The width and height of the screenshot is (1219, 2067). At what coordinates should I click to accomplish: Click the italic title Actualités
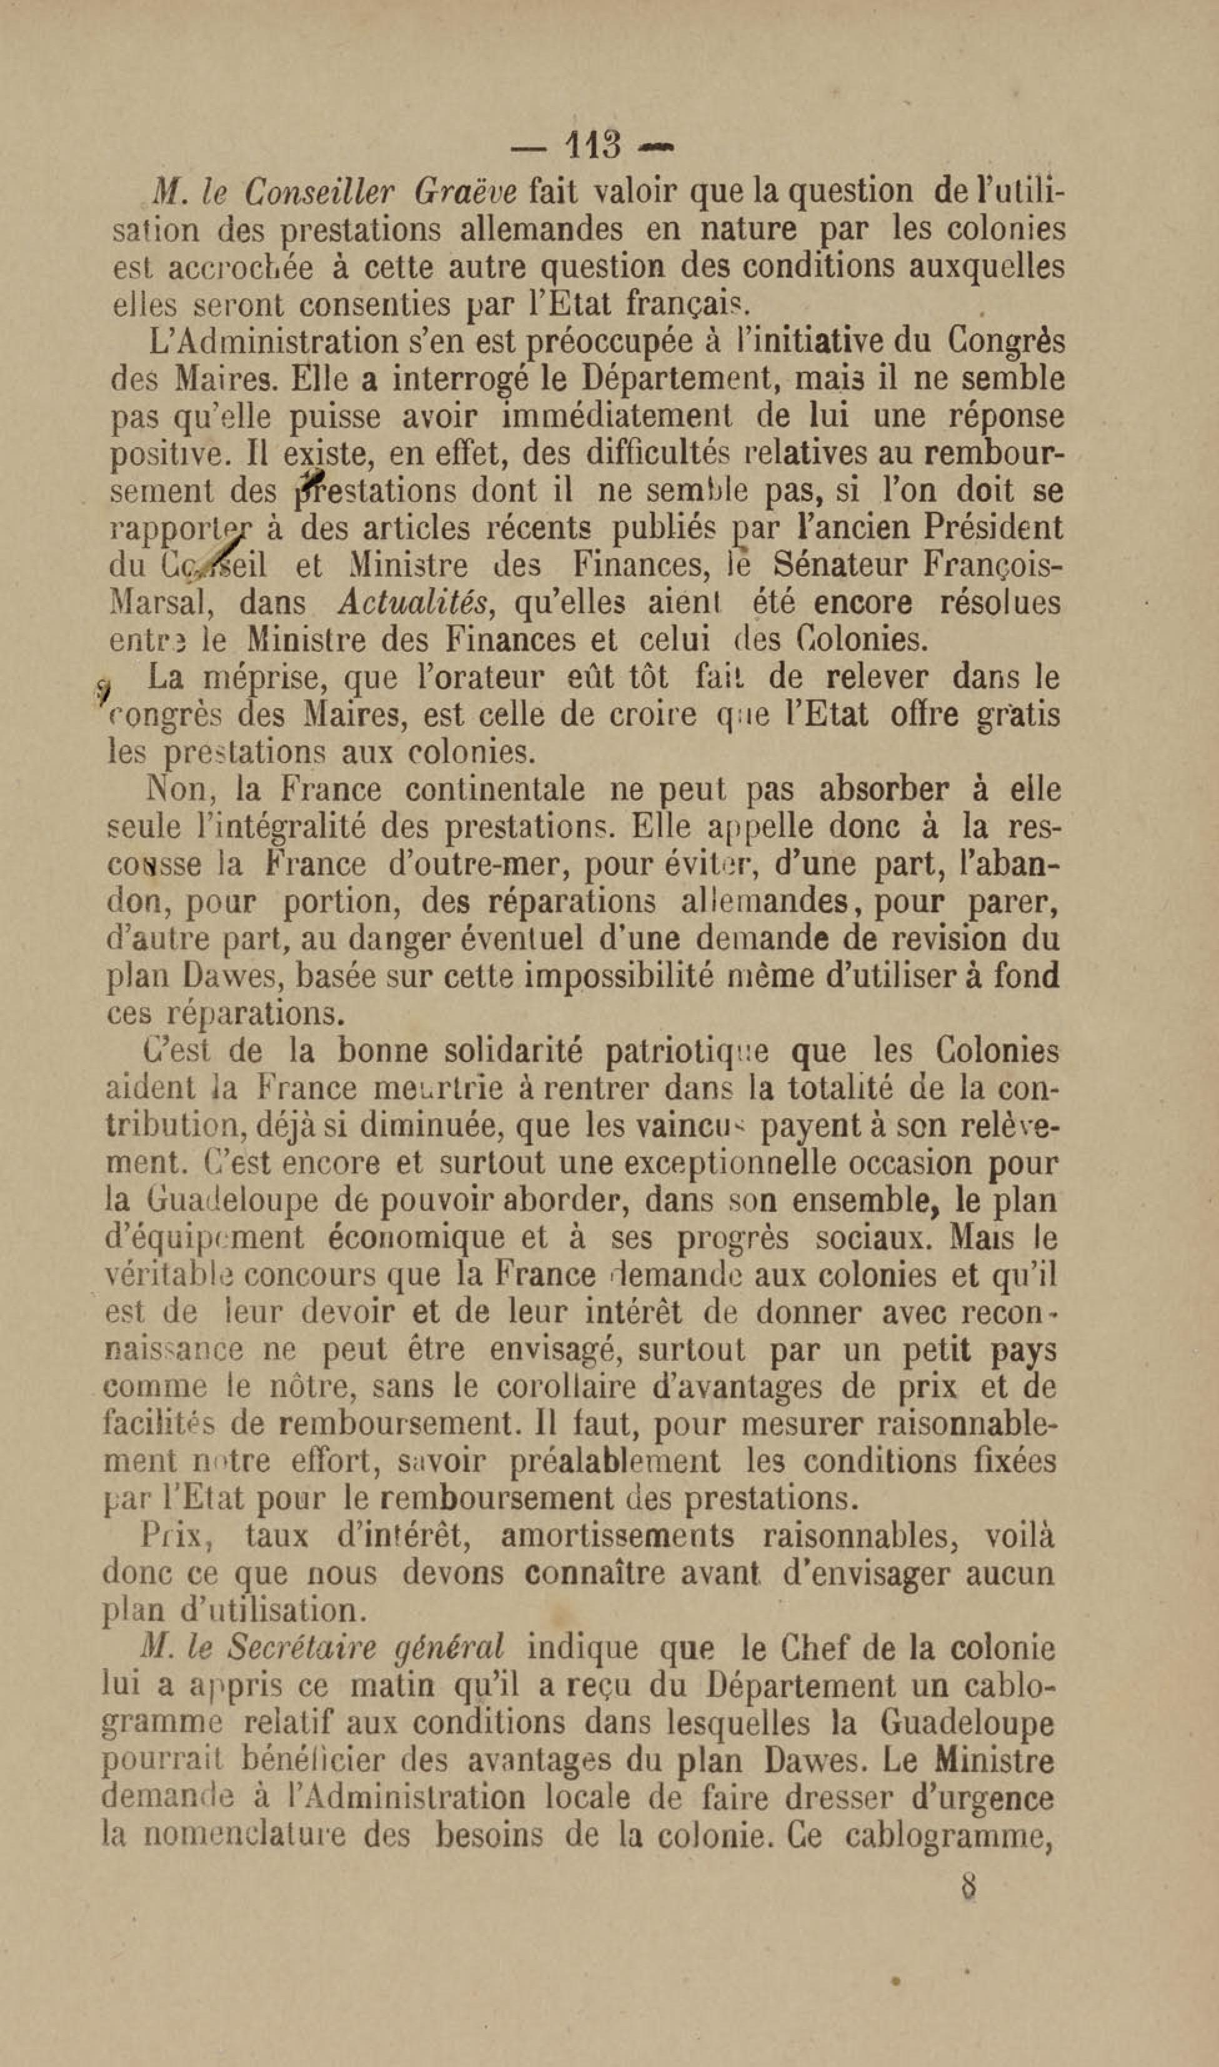pyautogui.click(x=415, y=603)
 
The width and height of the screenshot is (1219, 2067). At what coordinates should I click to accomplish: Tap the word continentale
pyautogui.click(x=495, y=789)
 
